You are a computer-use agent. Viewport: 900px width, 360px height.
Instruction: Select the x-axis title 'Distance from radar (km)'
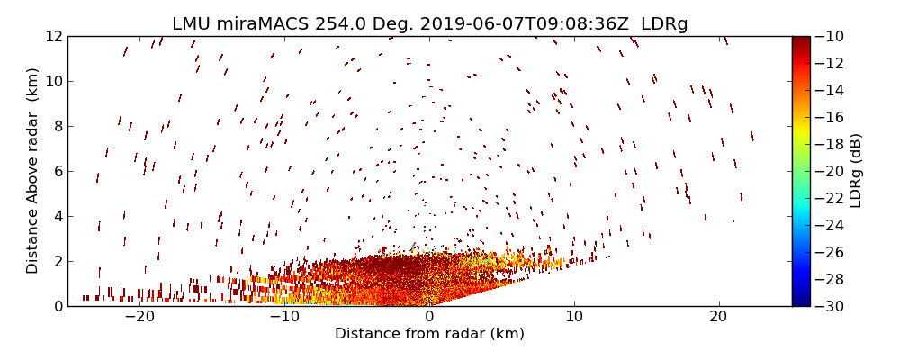(x=429, y=334)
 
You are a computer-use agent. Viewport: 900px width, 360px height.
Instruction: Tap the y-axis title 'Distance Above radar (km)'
(x=33, y=171)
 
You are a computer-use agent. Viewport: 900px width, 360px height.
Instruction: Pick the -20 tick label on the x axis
(x=139, y=317)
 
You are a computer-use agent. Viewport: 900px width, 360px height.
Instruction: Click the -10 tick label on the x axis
(x=284, y=317)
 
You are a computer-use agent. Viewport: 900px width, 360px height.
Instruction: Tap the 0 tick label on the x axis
(x=429, y=317)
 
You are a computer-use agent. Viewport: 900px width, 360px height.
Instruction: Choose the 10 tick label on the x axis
(x=574, y=317)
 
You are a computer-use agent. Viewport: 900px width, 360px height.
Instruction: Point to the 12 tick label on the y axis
(x=51, y=37)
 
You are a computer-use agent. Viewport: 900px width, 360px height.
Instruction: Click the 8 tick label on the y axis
(x=56, y=127)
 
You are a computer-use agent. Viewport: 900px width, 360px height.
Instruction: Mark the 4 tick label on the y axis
(x=56, y=216)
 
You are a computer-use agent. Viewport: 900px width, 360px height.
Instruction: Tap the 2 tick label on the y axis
(x=56, y=261)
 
